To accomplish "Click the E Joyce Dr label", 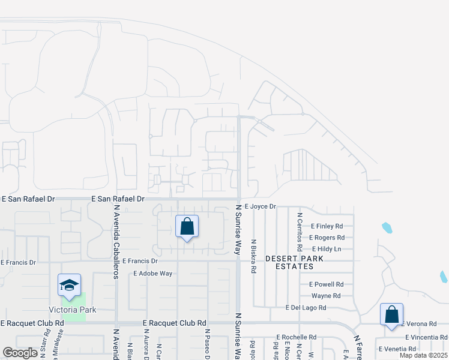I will pos(260,206).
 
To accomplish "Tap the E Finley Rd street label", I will pos(326,226).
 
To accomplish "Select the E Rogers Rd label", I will pos(327,238).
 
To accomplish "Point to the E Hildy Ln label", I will pos(327,248).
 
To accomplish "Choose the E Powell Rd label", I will pos(326,284).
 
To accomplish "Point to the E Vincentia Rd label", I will pos(427,338).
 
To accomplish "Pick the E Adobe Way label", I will pos(152,274).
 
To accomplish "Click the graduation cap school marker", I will pos(69,286).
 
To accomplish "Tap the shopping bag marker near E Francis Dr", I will pos(187,227).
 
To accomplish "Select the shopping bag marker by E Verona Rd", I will pos(391,314).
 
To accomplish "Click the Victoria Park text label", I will pos(73,310).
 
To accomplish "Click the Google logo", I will pos(20,353).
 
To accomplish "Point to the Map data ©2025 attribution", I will pos(423,355).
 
